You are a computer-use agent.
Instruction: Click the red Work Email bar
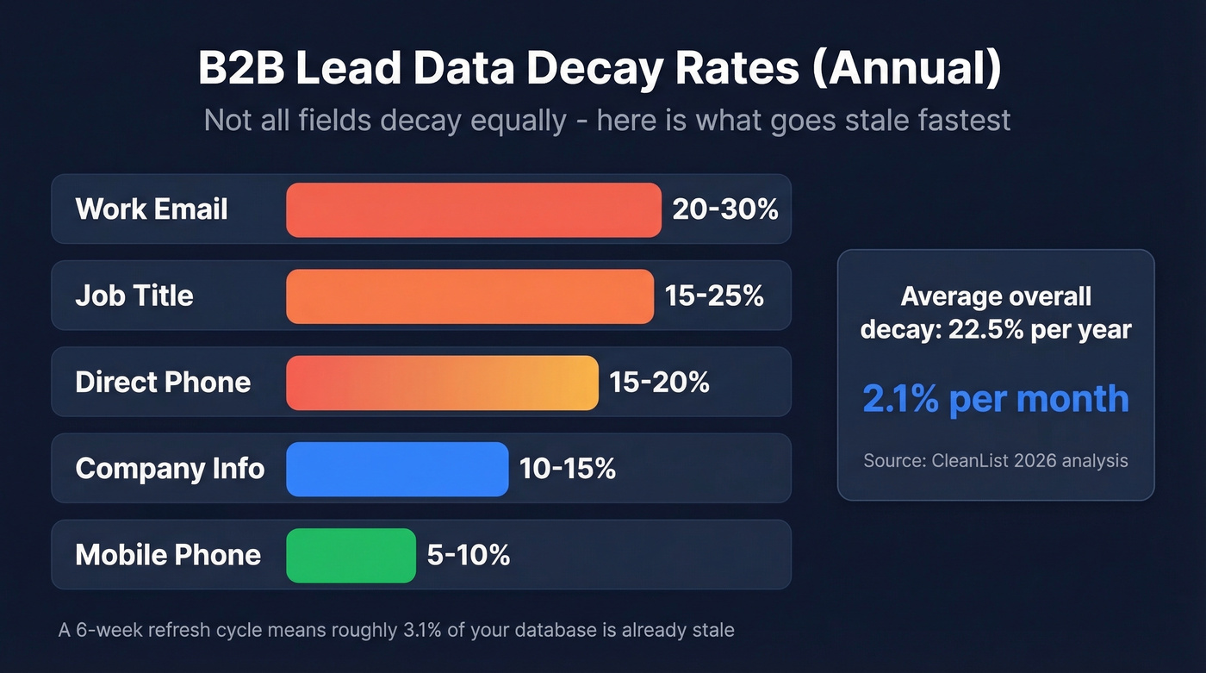(473, 209)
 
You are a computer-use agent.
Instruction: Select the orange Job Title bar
(469, 296)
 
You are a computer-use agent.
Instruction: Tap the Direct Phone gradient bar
(442, 382)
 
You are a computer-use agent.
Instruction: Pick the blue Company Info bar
(397, 469)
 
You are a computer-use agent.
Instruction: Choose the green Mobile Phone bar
(351, 555)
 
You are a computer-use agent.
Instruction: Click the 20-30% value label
(725, 209)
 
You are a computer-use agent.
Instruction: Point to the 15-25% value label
(714, 296)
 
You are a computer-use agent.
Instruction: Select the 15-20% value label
(659, 382)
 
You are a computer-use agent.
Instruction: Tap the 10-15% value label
(567, 469)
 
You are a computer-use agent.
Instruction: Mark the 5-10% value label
(469, 555)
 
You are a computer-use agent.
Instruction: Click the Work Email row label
(152, 209)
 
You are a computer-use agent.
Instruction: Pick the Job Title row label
(134, 296)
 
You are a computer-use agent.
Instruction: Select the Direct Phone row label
(163, 382)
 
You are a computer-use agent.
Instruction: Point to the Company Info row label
(170, 469)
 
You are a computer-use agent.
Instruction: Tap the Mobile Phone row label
(168, 555)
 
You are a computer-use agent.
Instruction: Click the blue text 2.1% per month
(995, 399)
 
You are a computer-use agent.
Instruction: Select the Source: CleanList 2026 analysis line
(995, 461)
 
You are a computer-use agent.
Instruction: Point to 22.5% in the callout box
(985, 329)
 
